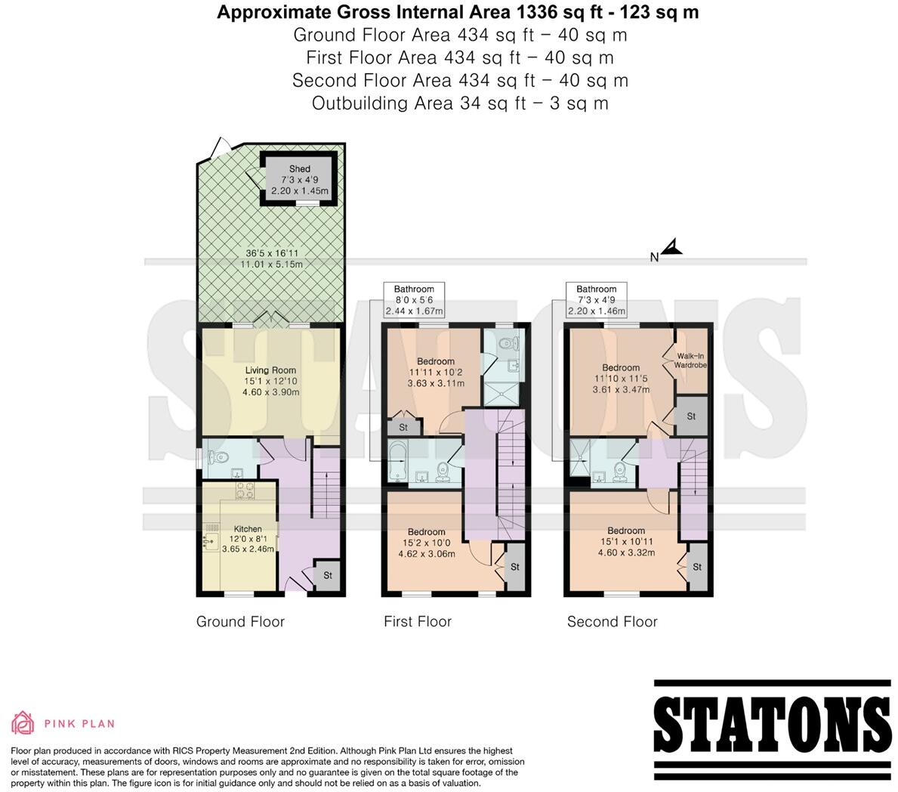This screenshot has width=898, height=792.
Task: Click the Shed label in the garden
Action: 299,169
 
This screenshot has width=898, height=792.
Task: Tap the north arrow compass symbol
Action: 671,248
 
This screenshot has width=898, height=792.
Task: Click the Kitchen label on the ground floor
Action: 248,529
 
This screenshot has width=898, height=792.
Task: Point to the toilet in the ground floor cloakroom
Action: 219,457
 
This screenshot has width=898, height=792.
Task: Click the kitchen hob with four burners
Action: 245,492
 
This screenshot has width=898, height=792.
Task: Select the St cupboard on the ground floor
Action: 327,575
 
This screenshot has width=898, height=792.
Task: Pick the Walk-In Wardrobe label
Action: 691,360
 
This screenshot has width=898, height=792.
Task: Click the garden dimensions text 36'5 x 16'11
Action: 271,253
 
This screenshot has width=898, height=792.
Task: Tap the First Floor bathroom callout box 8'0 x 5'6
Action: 413,300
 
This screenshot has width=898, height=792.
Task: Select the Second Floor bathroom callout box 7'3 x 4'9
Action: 596,300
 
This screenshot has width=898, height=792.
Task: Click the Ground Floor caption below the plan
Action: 240,622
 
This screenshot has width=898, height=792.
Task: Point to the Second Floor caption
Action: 612,622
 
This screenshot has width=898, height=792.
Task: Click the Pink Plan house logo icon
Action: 23,723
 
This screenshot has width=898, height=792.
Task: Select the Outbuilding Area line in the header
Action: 459,104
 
